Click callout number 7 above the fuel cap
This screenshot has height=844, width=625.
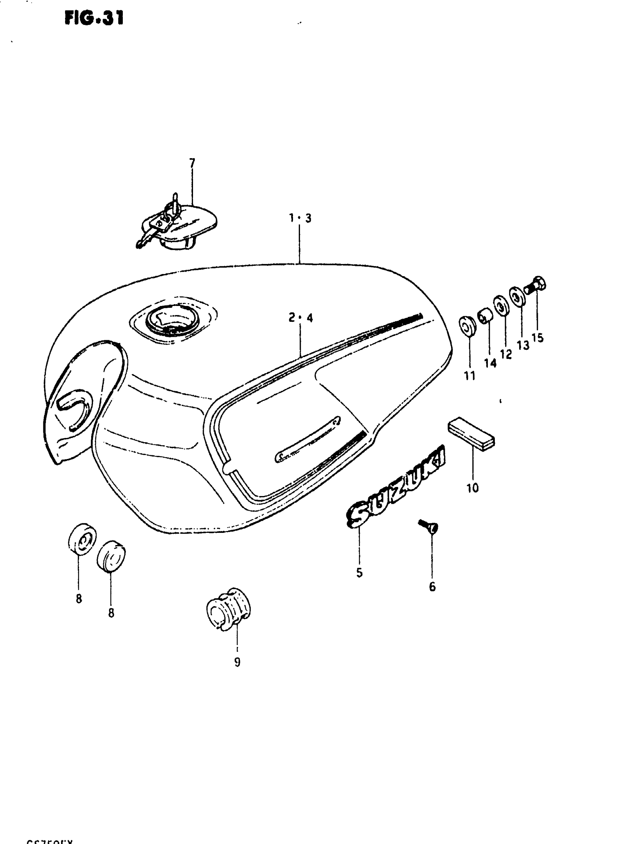coord(192,163)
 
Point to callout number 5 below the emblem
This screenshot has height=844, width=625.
coord(359,573)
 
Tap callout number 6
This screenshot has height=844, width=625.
coord(432,587)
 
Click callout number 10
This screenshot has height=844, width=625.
coord(472,488)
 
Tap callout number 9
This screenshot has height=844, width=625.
coord(237,662)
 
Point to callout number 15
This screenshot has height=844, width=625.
coord(537,338)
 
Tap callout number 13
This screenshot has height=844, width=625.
coord(523,345)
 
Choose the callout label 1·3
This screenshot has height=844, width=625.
coord(300,218)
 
